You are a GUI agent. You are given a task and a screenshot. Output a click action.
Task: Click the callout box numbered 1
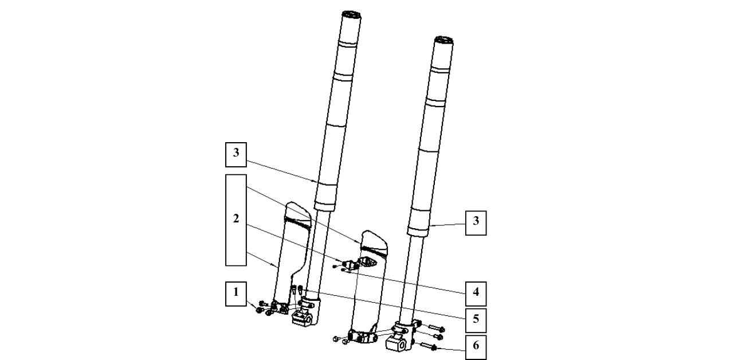pos(235,291)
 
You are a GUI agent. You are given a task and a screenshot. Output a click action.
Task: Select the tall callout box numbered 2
pos(235,220)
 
